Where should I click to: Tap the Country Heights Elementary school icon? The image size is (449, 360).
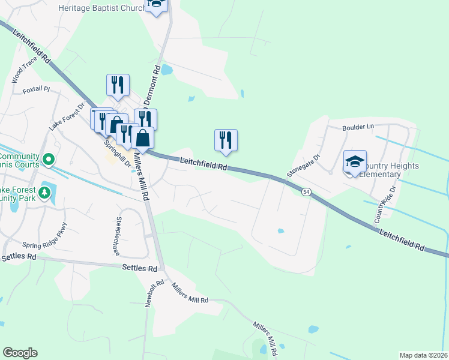(x=355, y=161)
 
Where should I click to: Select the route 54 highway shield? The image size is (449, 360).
(x=306, y=191)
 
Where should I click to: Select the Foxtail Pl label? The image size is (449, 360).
(x=35, y=90)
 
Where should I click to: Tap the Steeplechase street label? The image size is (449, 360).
(x=119, y=236)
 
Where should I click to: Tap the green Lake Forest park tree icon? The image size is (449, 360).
(x=44, y=193)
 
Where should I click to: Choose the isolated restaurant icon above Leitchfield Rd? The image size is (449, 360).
(x=226, y=140)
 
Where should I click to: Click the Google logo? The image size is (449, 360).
(x=20, y=353)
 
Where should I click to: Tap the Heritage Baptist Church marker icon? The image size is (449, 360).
(x=157, y=5)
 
